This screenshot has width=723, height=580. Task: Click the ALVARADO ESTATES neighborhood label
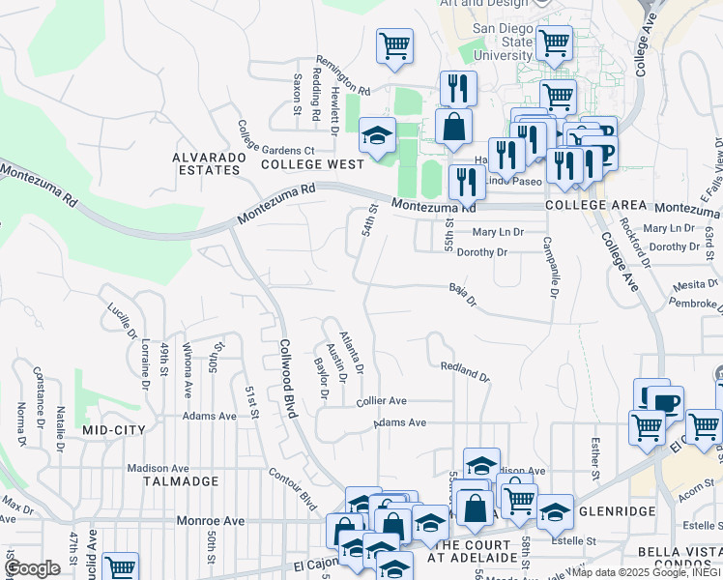click(x=206, y=162)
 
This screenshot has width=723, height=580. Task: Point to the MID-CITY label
click(x=114, y=429)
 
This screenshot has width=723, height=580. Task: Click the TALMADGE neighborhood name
click(x=177, y=479)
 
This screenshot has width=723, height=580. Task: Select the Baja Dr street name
click(x=464, y=294)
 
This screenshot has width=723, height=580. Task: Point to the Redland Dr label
click(x=465, y=370)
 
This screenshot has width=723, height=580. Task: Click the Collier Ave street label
click(x=381, y=400)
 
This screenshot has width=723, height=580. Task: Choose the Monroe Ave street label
click(x=211, y=520)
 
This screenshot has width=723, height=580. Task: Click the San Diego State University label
click(x=503, y=42)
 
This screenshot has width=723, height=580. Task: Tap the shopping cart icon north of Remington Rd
click(x=394, y=45)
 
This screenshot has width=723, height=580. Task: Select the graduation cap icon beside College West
click(x=377, y=136)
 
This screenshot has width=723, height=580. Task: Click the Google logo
click(x=33, y=568)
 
